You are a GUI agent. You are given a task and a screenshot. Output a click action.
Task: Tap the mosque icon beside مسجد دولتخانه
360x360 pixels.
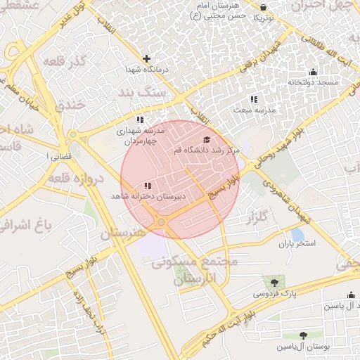coord(313,72)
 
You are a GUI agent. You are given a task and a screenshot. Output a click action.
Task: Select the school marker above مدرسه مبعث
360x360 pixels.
coord(253,100)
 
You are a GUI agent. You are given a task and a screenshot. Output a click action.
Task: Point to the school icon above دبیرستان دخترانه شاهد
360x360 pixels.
coord(147,186)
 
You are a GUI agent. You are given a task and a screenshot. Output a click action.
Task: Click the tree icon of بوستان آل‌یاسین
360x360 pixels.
coord(303,336)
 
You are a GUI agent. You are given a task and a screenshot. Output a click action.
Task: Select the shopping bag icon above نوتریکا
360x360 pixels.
coord(262,3)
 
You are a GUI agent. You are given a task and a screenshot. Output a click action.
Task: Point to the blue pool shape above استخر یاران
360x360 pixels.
coord(297,234)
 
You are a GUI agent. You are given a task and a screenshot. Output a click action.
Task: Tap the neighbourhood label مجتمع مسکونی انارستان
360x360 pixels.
coord(195,271)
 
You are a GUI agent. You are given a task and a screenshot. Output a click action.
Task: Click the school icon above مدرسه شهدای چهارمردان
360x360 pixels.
coord(140,119)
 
